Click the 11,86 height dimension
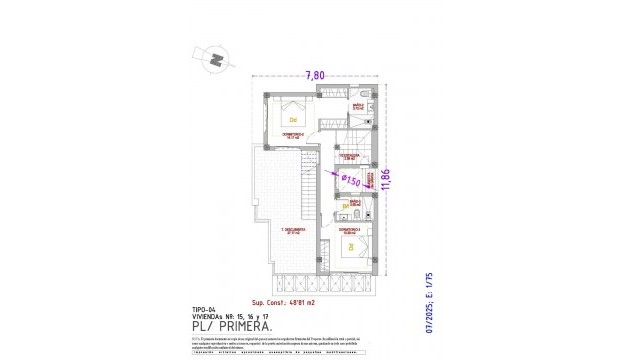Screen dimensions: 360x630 [400, 181]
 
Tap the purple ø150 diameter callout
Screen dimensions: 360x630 [351, 180]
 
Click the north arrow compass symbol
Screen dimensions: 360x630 [215, 59]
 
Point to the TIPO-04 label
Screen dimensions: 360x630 [202, 309]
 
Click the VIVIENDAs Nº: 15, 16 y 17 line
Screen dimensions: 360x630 [227, 317]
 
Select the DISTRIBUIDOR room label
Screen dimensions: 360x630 [348, 157]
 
